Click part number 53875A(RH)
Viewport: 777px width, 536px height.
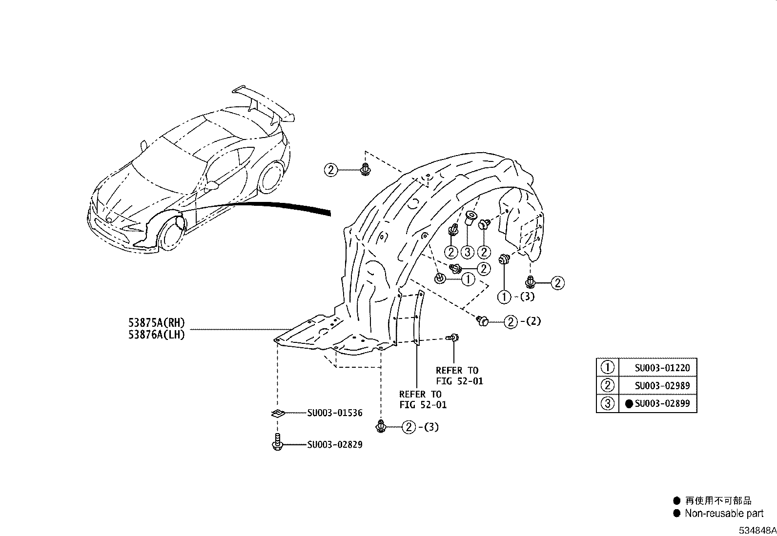[157, 323]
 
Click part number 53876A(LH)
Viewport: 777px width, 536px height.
[157, 335]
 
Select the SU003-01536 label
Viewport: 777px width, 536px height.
[335, 413]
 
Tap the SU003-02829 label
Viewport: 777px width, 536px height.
[335, 445]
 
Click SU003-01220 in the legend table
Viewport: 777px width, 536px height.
[662, 368]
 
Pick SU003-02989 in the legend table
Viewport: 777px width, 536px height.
[662, 386]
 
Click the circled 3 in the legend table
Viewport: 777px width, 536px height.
[607, 404]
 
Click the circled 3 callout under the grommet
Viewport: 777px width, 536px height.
[468, 252]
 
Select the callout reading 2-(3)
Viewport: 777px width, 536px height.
[420, 427]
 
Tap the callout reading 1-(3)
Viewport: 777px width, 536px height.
[516, 296]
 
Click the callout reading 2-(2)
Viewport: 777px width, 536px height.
[522, 322]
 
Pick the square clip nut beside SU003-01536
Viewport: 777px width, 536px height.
[277, 414]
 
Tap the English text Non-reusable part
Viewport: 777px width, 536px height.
[724, 513]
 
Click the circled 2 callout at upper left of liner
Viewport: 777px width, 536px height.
[331, 170]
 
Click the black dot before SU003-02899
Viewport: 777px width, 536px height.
[629, 404]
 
